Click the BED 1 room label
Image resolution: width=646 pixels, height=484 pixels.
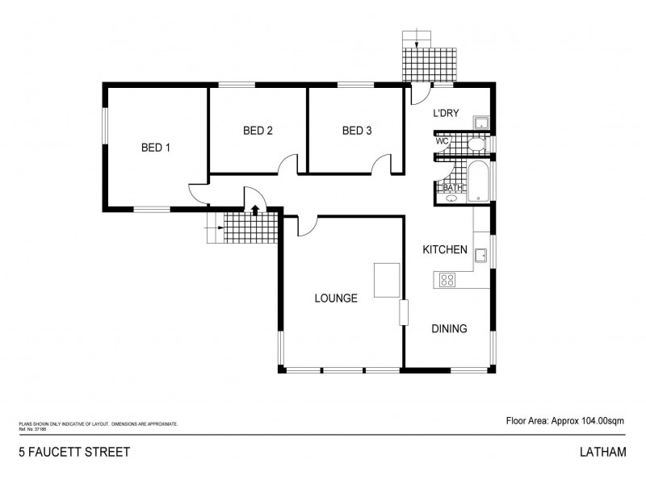tap(156, 148)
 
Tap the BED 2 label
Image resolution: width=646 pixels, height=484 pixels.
tap(258, 131)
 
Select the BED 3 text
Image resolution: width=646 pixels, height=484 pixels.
tap(356, 131)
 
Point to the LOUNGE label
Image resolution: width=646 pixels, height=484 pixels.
tap(336, 298)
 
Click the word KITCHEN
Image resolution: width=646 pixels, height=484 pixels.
tap(445, 250)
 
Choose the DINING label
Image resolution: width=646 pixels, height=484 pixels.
tap(449, 328)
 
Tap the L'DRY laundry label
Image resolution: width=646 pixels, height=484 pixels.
tap(446, 114)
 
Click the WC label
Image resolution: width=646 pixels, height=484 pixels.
tap(442, 142)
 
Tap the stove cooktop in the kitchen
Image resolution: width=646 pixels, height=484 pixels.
tap(446, 280)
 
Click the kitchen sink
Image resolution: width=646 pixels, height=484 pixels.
tap(480, 256)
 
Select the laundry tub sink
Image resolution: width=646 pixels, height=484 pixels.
tap(480, 122)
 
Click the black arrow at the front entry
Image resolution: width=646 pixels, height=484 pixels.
tap(255, 211)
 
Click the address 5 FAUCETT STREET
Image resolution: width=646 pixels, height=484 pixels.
tap(73, 452)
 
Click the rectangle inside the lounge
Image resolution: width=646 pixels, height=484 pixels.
tap(386, 281)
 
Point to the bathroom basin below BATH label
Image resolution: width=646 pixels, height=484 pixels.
tap(450, 198)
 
